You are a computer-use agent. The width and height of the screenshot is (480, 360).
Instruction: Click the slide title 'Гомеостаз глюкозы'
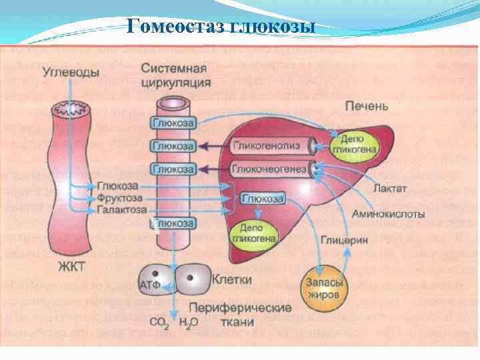click(221, 26)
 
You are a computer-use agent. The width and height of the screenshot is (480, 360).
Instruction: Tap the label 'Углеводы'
click(71, 71)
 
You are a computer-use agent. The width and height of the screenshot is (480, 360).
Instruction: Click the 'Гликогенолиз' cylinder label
click(268, 145)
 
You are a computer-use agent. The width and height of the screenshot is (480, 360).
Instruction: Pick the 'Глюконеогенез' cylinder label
click(269, 169)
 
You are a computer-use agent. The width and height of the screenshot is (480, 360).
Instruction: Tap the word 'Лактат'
click(390, 189)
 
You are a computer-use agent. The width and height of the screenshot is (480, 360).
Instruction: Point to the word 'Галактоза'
click(122, 210)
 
